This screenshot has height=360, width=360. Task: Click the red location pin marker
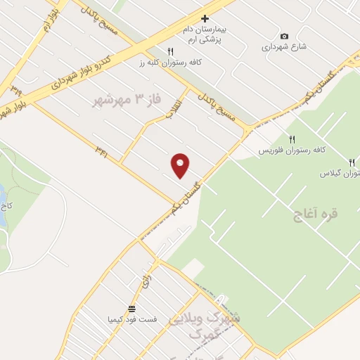tap(180, 165)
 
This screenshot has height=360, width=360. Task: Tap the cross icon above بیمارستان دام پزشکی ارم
tap(205, 18)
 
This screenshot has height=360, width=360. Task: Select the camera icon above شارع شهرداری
tap(284, 36)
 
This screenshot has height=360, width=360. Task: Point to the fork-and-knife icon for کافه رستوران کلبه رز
tap(170, 51)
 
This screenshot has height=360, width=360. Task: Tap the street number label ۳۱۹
tap(15, 89)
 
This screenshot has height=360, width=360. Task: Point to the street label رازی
tap(146, 282)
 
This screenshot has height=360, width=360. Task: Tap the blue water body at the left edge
tap(2, 205)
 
